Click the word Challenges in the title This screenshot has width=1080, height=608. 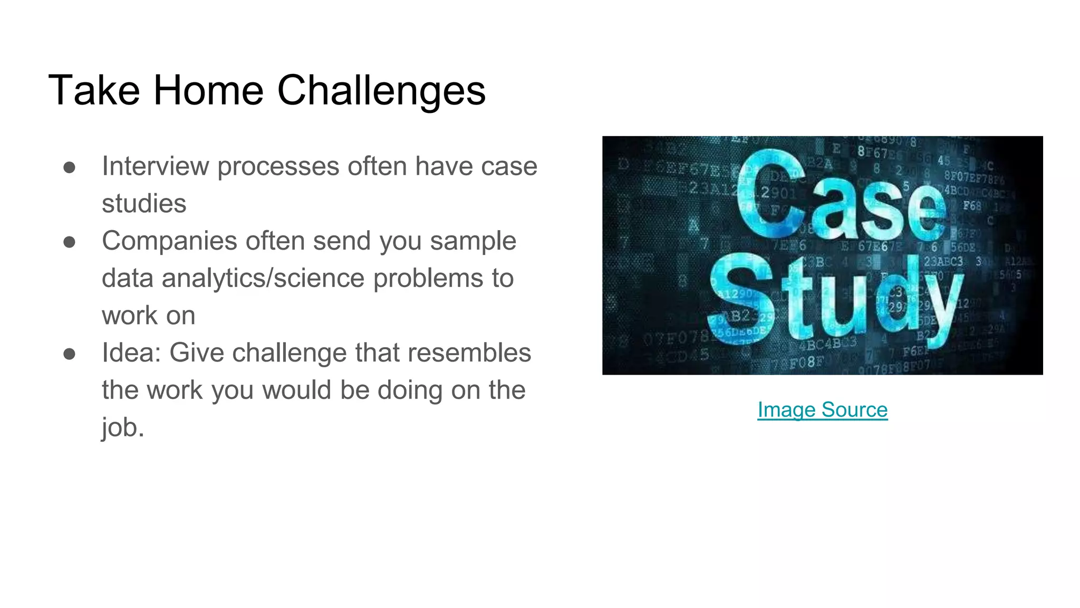click(x=381, y=91)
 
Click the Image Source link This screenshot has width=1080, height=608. click(x=822, y=410)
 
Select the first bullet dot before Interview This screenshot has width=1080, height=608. click(x=69, y=167)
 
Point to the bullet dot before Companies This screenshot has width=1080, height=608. click(x=69, y=242)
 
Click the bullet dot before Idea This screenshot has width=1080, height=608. click(x=69, y=354)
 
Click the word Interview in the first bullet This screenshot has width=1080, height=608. click(x=155, y=166)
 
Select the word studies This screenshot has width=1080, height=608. click(x=144, y=204)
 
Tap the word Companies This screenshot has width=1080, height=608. click(x=169, y=241)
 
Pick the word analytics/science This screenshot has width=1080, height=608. click(x=263, y=278)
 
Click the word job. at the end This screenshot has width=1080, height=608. click(x=123, y=427)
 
